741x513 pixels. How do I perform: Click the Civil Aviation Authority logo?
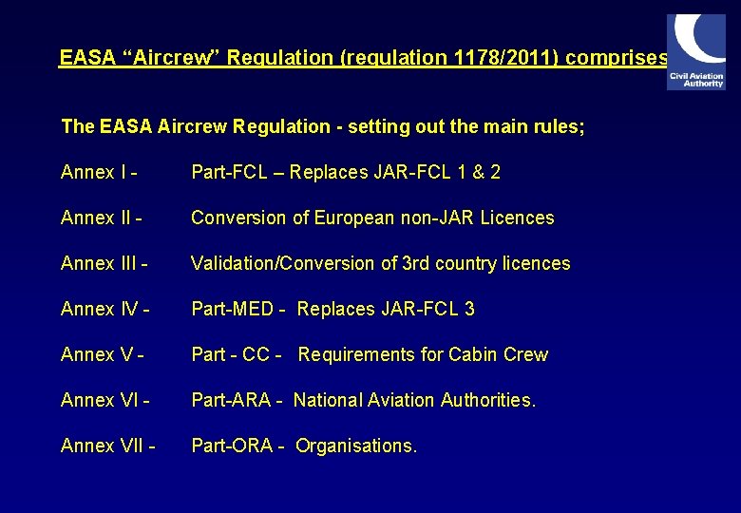pyautogui.click(x=696, y=52)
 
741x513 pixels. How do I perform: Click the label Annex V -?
pyautogui.click(x=103, y=354)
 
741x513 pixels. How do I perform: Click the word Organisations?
pyautogui.click(x=356, y=446)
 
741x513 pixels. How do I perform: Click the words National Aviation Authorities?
pyautogui.click(x=414, y=400)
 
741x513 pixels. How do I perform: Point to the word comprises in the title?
pyautogui.click(x=621, y=58)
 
